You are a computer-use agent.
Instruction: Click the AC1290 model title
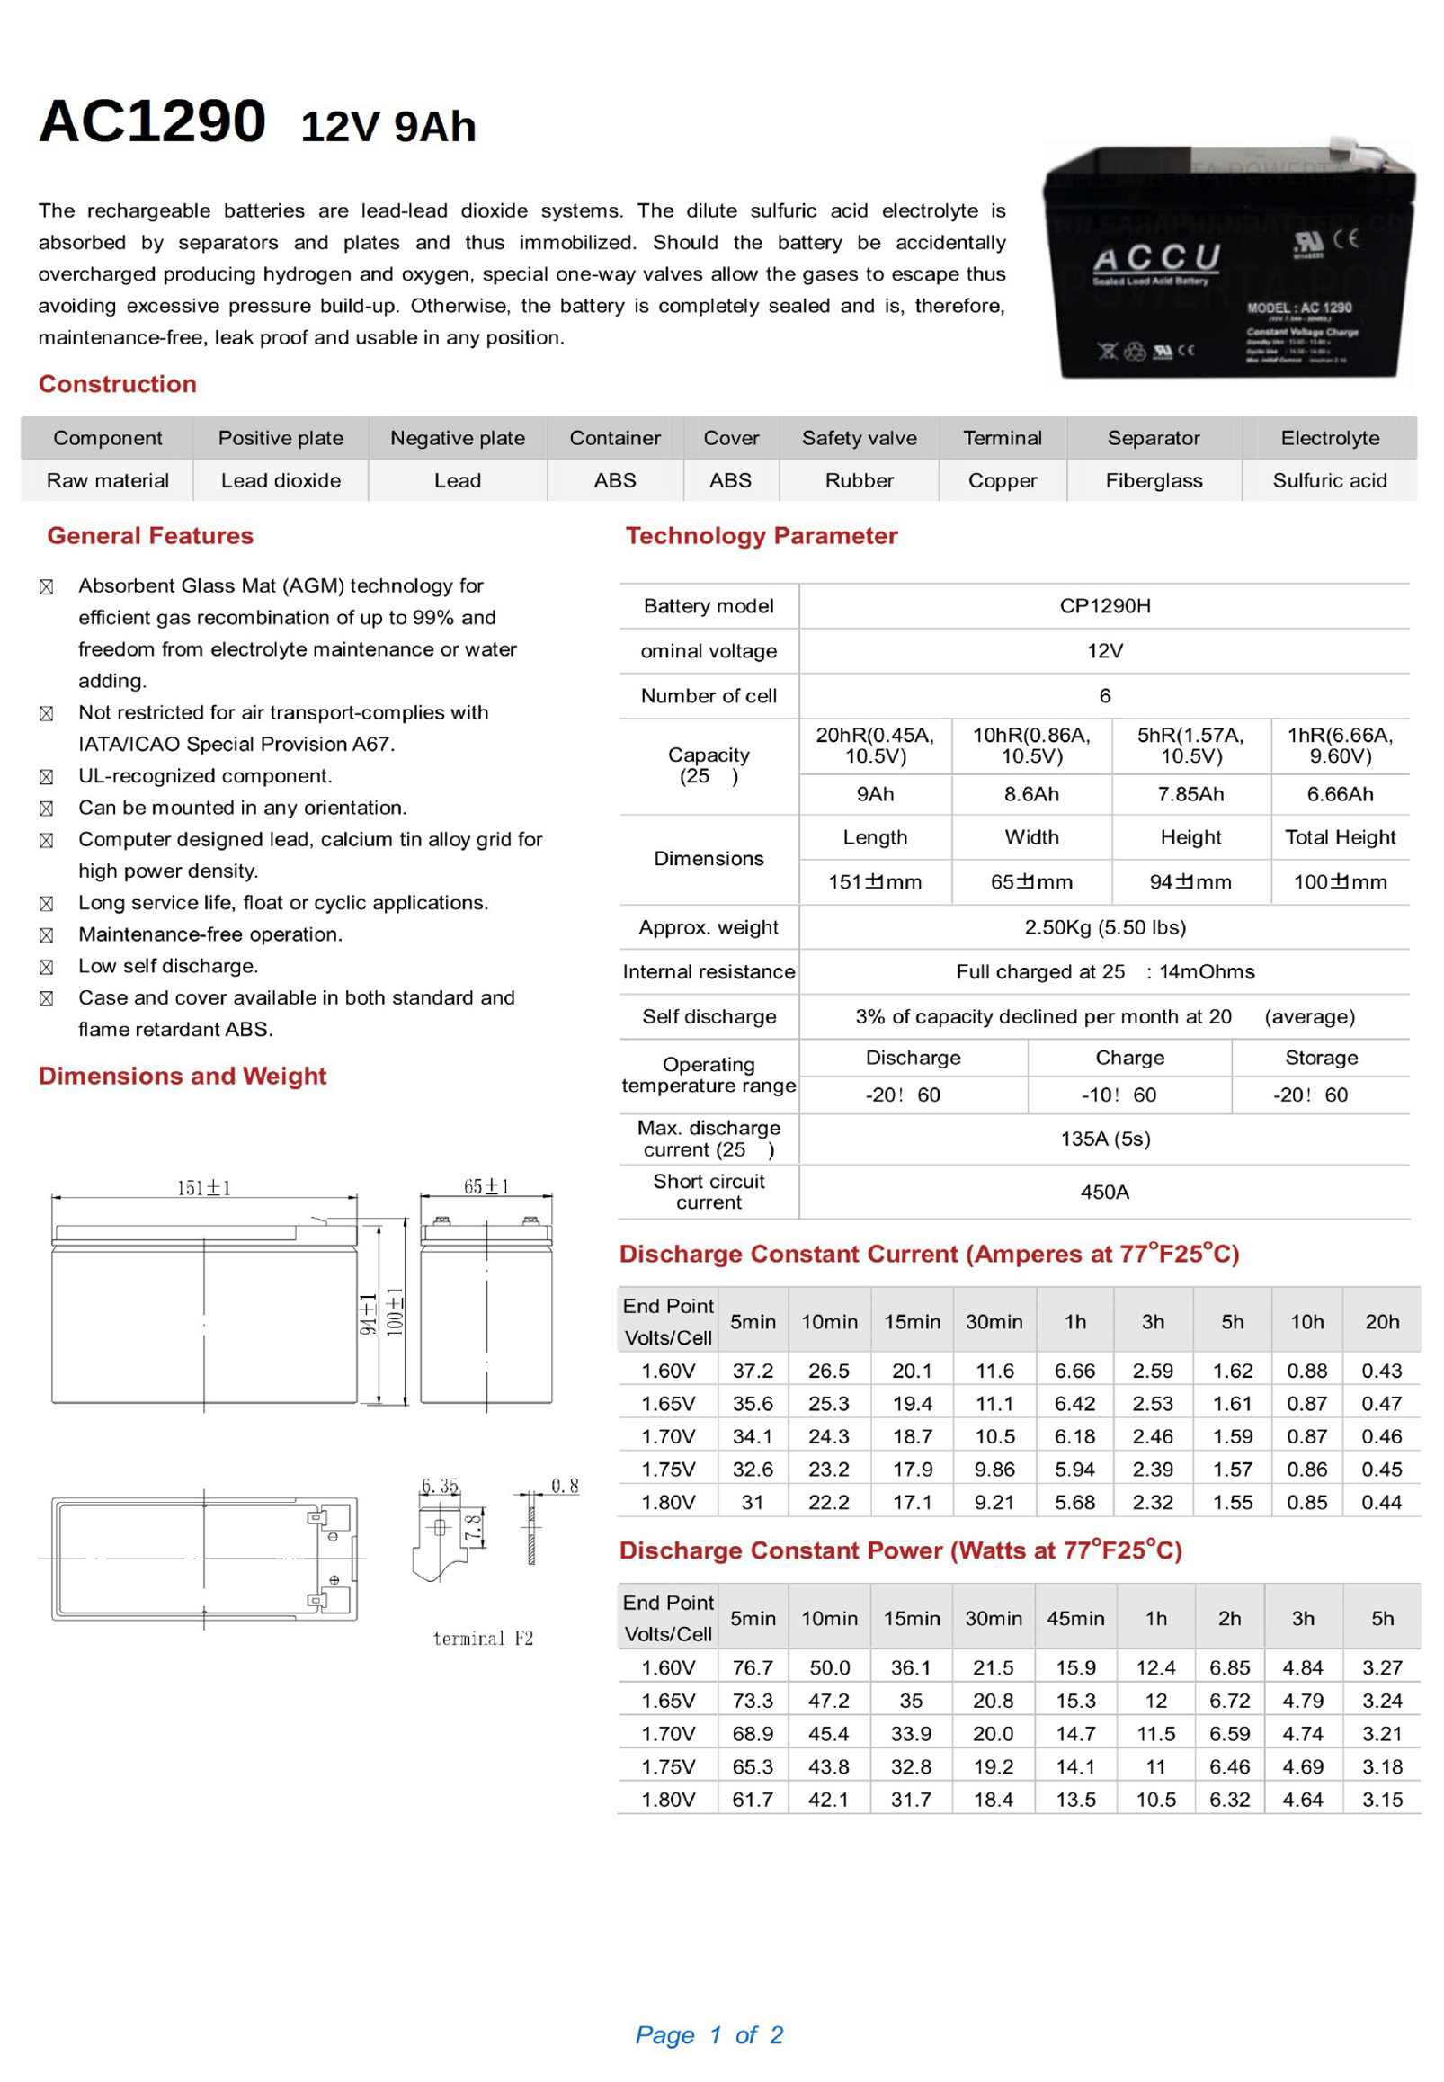point(152,121)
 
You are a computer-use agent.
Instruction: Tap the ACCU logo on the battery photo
point(1156,260)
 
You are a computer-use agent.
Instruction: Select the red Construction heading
point(118,384)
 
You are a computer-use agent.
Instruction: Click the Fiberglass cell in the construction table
point(1154,480)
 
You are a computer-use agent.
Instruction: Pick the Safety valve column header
point(859,438)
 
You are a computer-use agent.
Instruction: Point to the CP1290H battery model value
point(1105,605)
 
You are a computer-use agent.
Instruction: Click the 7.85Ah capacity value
point(1190,793)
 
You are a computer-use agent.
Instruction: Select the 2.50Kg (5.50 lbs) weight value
point(1105,926)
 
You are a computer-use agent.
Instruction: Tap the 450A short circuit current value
point(1105,1192)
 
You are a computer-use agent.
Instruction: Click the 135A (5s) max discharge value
point(1105,1139)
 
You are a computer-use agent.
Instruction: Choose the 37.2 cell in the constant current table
point(753,1370)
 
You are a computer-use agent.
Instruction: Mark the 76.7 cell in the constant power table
point(753,1666)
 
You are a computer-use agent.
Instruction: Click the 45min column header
point(1074,1618)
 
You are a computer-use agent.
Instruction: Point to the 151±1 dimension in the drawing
point(203,1187)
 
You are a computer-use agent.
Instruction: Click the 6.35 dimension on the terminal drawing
point(440,1485)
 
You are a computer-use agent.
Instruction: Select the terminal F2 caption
point(483,1638)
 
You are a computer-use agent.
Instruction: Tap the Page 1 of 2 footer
point(709,2034)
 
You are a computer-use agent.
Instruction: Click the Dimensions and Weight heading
point(182,1075)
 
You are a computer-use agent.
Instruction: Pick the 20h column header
point(1382,1321)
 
